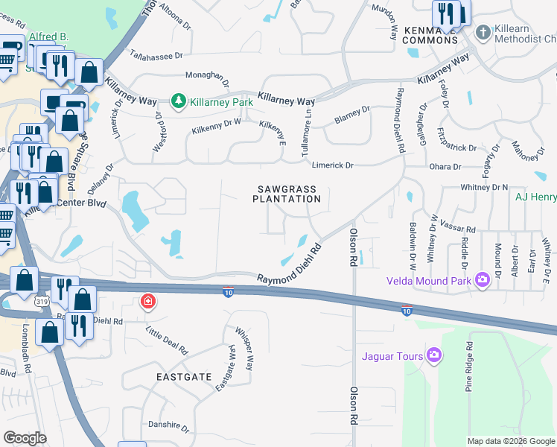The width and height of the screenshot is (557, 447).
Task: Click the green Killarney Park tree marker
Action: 178,101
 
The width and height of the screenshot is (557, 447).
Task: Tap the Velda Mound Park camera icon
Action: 483,280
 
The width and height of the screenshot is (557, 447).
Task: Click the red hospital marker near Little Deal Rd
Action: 148,302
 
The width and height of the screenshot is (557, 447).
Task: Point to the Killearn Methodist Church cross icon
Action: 483,32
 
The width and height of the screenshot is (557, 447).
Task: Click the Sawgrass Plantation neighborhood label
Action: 287,194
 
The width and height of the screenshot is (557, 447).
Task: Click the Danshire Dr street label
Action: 168,425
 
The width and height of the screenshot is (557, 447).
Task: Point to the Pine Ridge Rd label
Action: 469,367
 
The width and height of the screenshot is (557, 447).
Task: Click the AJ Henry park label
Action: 535,197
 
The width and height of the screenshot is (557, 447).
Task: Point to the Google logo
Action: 25,438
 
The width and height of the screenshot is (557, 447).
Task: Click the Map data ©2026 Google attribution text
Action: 510,441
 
